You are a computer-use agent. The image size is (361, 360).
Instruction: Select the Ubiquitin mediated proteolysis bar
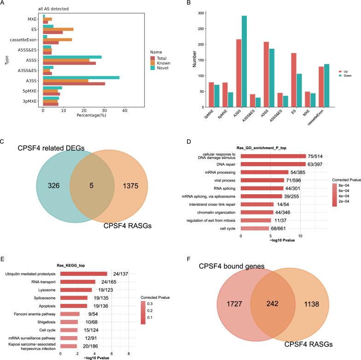coord(84,273)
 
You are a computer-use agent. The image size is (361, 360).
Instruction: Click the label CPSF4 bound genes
coord(232,267)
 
